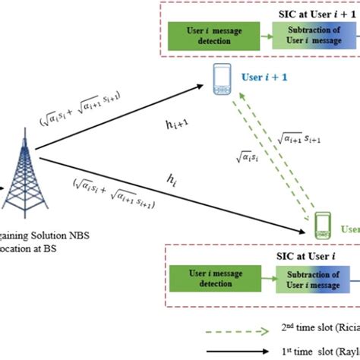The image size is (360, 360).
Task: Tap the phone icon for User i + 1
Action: pos(223,78)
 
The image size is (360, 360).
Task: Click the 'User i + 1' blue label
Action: pos(267,77)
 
